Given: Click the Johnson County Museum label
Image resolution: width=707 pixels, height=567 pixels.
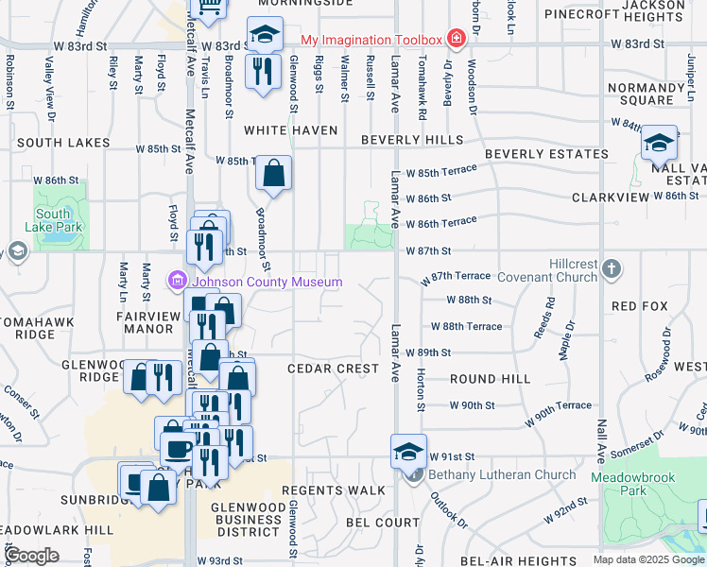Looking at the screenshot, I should coord(267,282).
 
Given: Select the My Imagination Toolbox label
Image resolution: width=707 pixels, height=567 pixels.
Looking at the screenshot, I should coord(371,40).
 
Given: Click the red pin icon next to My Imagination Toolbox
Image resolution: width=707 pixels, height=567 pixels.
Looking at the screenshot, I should coord(457,39).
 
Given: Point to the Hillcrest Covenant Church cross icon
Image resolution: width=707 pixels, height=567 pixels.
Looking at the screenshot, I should coord(612,269).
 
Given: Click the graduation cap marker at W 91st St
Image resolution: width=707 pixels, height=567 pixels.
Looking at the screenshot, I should coord(408,451).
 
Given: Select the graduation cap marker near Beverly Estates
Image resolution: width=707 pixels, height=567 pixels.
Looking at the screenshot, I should coord(659,143).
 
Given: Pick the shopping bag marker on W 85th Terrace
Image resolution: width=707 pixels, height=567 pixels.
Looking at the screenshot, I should coord(273,174).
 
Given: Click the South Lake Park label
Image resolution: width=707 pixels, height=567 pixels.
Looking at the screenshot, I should coord(59,221).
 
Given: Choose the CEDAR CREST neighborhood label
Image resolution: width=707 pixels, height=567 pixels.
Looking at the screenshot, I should coord(333,369).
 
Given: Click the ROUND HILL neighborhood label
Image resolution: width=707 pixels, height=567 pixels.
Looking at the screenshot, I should coord(490,378).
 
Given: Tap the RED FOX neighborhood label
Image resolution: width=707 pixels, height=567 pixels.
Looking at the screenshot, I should coord(639,306).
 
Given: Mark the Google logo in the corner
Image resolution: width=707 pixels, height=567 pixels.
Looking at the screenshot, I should coord(31,556).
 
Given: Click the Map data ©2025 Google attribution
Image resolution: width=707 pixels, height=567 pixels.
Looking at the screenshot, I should coord(647,559).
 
